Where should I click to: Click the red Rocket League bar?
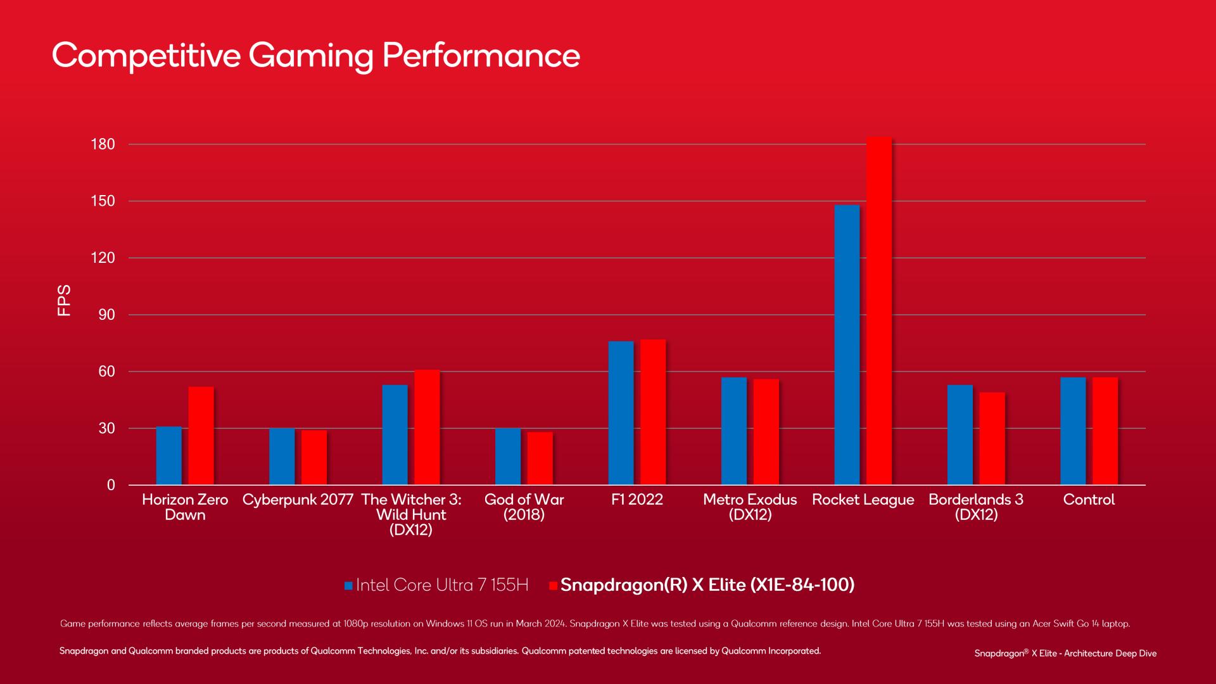pyautogui.click(x=879, y=310)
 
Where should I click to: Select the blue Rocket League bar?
pyautogui.click(x=847, y=345)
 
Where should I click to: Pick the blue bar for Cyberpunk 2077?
pyautogui.click(x=282, y=457)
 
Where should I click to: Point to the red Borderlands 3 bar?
pyautogui.click(x=992, y=438)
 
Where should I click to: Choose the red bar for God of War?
pyautogui.click(x=540, y=459)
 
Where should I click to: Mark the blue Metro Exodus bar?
pyautogui.click(x=734, y=431)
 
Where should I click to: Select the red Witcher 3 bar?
pyautogui.click(x=427, y=427)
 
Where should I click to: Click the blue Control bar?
pyautogui.click(x=1073, y=431)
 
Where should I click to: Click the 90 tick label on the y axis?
pyautogui.click(x=106, y=315)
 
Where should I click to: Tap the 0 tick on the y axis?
pyautogui.click(x=111, y=485)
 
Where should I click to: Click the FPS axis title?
pyautogui.click(x=64, y=300)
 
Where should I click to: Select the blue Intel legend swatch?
pyautogui.click(x=348, y=586)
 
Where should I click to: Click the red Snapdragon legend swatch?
pyautogui.click(x=553, y=586)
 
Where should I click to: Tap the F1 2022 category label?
pyautogui.click(x=636, y=500)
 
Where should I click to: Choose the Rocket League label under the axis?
pyautogui.click(x=863, y=500)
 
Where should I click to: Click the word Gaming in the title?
pyautogui.click(x=311, y=56)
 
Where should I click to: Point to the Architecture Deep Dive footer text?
pyautogui.click(x=1110, y=654)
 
